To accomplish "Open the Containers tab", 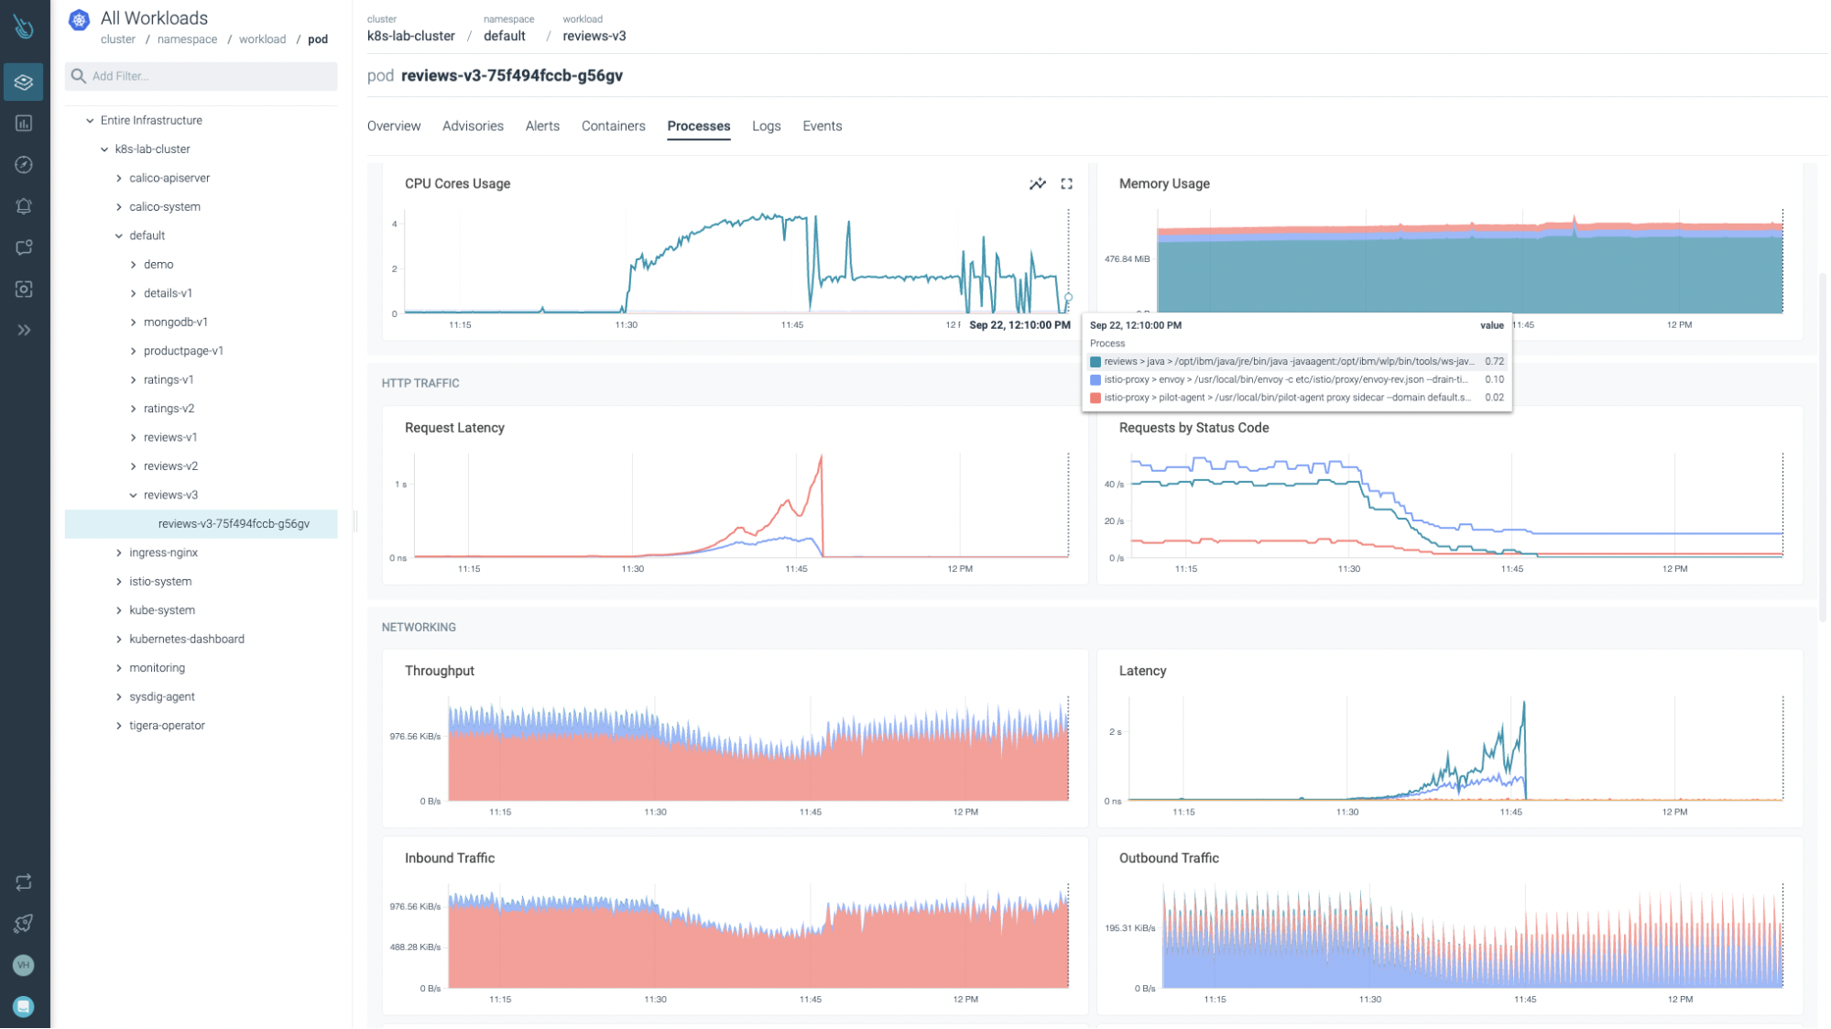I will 613,126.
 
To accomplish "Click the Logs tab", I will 766,126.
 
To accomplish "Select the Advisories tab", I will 473,126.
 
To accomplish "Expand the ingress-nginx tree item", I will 119,553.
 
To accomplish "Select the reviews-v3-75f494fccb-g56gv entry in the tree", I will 234,524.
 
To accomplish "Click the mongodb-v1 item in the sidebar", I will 176,322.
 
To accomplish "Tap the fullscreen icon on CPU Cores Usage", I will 1066,184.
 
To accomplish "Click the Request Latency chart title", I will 454,428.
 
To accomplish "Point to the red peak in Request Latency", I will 821,456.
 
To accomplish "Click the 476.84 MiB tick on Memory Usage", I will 1126,259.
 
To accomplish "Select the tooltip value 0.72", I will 1494,361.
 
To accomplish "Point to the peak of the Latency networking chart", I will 1524,703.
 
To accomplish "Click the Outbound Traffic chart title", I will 1168,859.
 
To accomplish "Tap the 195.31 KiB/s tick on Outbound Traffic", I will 1128,928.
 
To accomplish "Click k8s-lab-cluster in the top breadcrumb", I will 410,36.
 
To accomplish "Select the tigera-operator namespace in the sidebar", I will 167,726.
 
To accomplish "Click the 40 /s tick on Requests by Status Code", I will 1113,484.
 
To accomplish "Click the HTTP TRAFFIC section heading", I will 420,383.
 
